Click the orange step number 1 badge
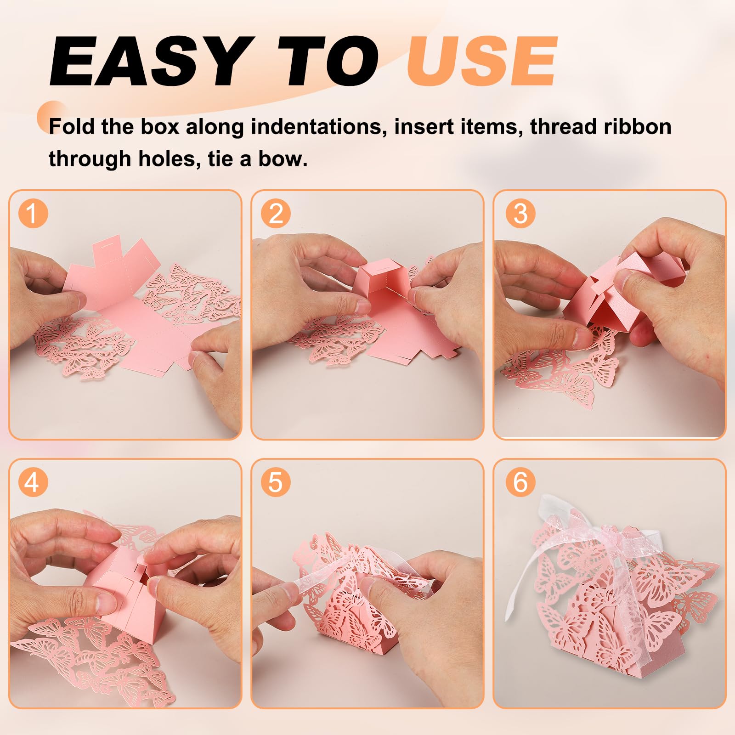click(x=33, y=213)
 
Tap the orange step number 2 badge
click(x=276, y=213)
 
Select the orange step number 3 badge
click(x=520, y=213)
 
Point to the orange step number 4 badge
click(x=33, y=482)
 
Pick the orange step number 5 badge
click(x=276, y=482)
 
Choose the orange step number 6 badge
click(x=520, y=482)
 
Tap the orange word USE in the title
click(x=482, y=62)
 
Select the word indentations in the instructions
click(x=317, y=127)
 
